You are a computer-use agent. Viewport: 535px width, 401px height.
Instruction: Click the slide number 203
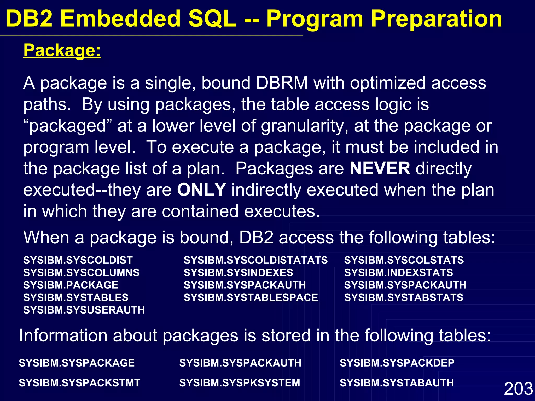point(518,388)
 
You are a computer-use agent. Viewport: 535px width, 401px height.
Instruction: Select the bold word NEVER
point(380,168)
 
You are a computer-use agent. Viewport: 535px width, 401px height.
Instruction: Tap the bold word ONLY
point(201,190)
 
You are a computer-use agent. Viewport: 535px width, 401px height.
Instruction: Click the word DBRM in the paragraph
point(282,83)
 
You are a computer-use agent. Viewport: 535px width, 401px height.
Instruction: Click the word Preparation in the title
point(436,19)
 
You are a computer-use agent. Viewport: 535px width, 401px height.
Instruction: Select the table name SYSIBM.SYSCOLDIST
point(78,260)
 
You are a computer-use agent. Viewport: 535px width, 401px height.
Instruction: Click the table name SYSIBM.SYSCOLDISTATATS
point(255,260)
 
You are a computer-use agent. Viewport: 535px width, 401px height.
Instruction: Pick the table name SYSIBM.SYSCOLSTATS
point(404,260)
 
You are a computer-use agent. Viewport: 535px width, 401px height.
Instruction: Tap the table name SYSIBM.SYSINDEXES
point(238,273)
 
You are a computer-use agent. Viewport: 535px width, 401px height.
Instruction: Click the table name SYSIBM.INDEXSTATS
point(398,273)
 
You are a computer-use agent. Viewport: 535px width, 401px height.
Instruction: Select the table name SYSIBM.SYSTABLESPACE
point(251,298)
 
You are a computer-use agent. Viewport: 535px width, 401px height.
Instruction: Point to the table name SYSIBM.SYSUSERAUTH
point(84,310)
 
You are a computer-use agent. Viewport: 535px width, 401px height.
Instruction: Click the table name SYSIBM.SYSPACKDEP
point(397,363)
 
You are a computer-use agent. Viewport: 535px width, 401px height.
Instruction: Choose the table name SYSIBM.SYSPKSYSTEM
point(240,383)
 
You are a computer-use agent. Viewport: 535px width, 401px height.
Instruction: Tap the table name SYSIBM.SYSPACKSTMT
point(79,383)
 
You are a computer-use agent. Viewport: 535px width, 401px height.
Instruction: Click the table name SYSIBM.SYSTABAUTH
point(397,383)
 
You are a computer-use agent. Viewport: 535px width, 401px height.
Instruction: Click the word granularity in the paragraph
point(304,126)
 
